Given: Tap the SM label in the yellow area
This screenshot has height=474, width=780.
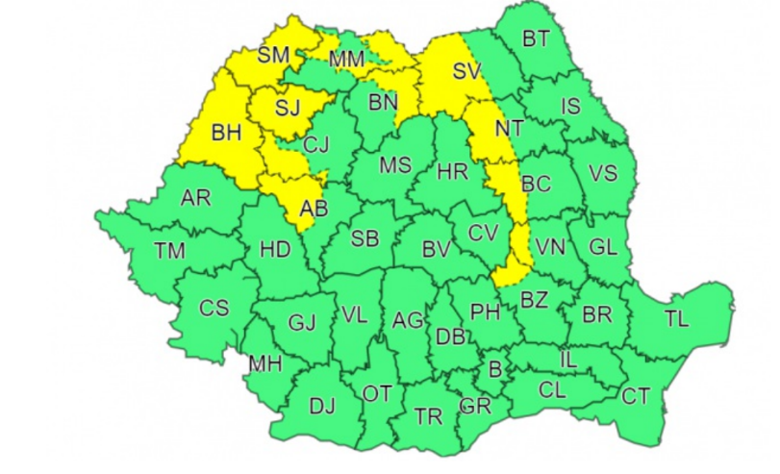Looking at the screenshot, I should tap(273, 56).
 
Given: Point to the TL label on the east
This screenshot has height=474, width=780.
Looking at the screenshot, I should tap(676, 319).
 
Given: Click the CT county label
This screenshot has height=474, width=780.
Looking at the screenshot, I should tap(636, 395).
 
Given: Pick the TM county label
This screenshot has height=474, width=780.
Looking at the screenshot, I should tap(169, 251).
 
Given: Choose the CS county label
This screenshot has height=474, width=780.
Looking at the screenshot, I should tap(214, 309).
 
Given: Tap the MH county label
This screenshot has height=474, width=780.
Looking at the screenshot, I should tap(265, 364).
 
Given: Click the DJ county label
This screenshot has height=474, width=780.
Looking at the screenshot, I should tap(322, 407).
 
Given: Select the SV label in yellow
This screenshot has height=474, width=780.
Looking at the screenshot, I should tap(465, 70).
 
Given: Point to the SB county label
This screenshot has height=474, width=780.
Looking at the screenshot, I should tap(365, 239).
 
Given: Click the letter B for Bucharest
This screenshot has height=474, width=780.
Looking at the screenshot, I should tap(496, 367).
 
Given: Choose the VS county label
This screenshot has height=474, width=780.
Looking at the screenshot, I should tap(602, 173).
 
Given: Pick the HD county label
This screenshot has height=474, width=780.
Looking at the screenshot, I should tap(275, 250).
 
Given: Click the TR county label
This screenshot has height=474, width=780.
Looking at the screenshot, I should tap(428, 416).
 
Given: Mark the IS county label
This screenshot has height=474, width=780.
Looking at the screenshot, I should tap(571, 107).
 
